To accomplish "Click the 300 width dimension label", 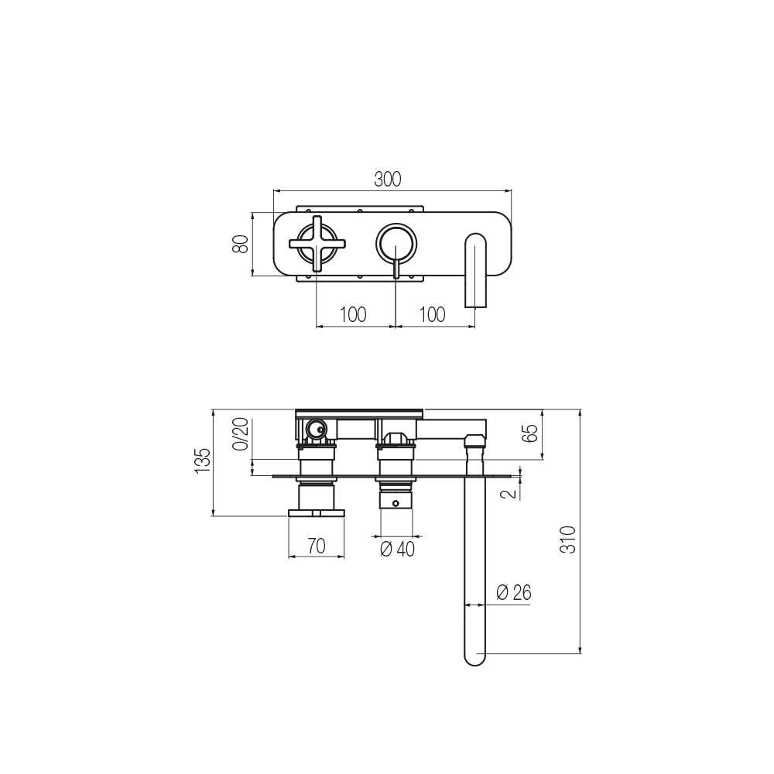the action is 388,180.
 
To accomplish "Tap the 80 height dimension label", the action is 241,244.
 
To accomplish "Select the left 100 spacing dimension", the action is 353,314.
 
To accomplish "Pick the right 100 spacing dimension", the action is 432,314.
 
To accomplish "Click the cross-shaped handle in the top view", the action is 317,243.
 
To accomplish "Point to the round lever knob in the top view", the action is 396,244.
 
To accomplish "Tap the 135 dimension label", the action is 203,461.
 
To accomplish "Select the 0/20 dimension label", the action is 241,434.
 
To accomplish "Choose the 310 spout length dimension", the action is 568,539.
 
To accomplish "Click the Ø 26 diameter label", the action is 513,592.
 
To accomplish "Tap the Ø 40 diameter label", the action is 397,549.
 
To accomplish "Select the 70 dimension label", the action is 317,546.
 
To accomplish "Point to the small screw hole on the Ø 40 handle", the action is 395,504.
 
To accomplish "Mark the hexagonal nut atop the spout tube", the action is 475,439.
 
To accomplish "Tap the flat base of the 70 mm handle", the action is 317,513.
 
